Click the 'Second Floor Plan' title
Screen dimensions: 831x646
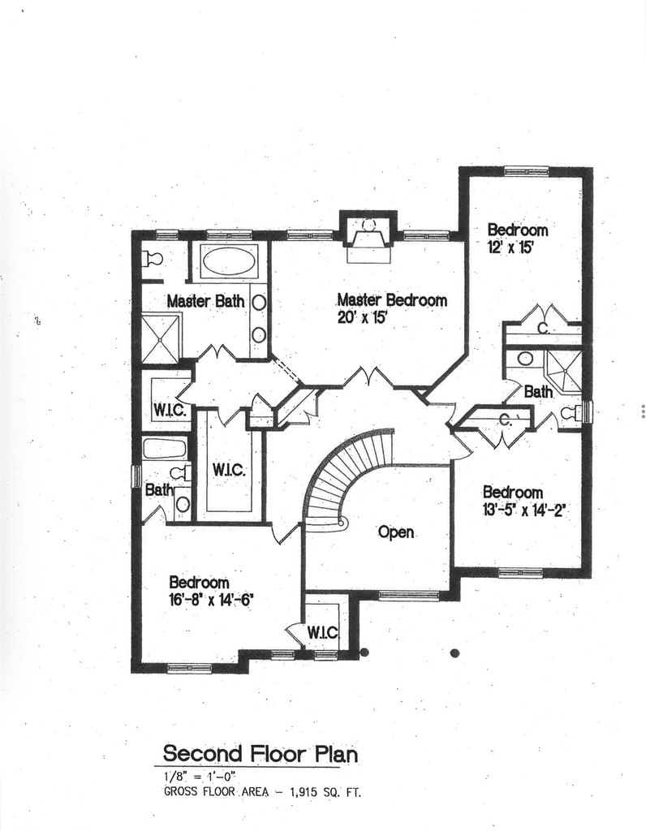(x=260, y=753)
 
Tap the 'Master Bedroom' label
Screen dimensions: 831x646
(x=392, y=300)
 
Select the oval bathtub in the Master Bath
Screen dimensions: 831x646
(x=230, y=262)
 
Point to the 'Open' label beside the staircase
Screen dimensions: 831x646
(x=396, y=532)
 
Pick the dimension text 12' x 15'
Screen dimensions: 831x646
(x=510, y=248)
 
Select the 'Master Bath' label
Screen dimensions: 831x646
(x=205, y=301)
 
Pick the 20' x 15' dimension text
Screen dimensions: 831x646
(x=362, y=318)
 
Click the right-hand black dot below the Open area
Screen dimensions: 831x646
(x=454, y=652)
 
